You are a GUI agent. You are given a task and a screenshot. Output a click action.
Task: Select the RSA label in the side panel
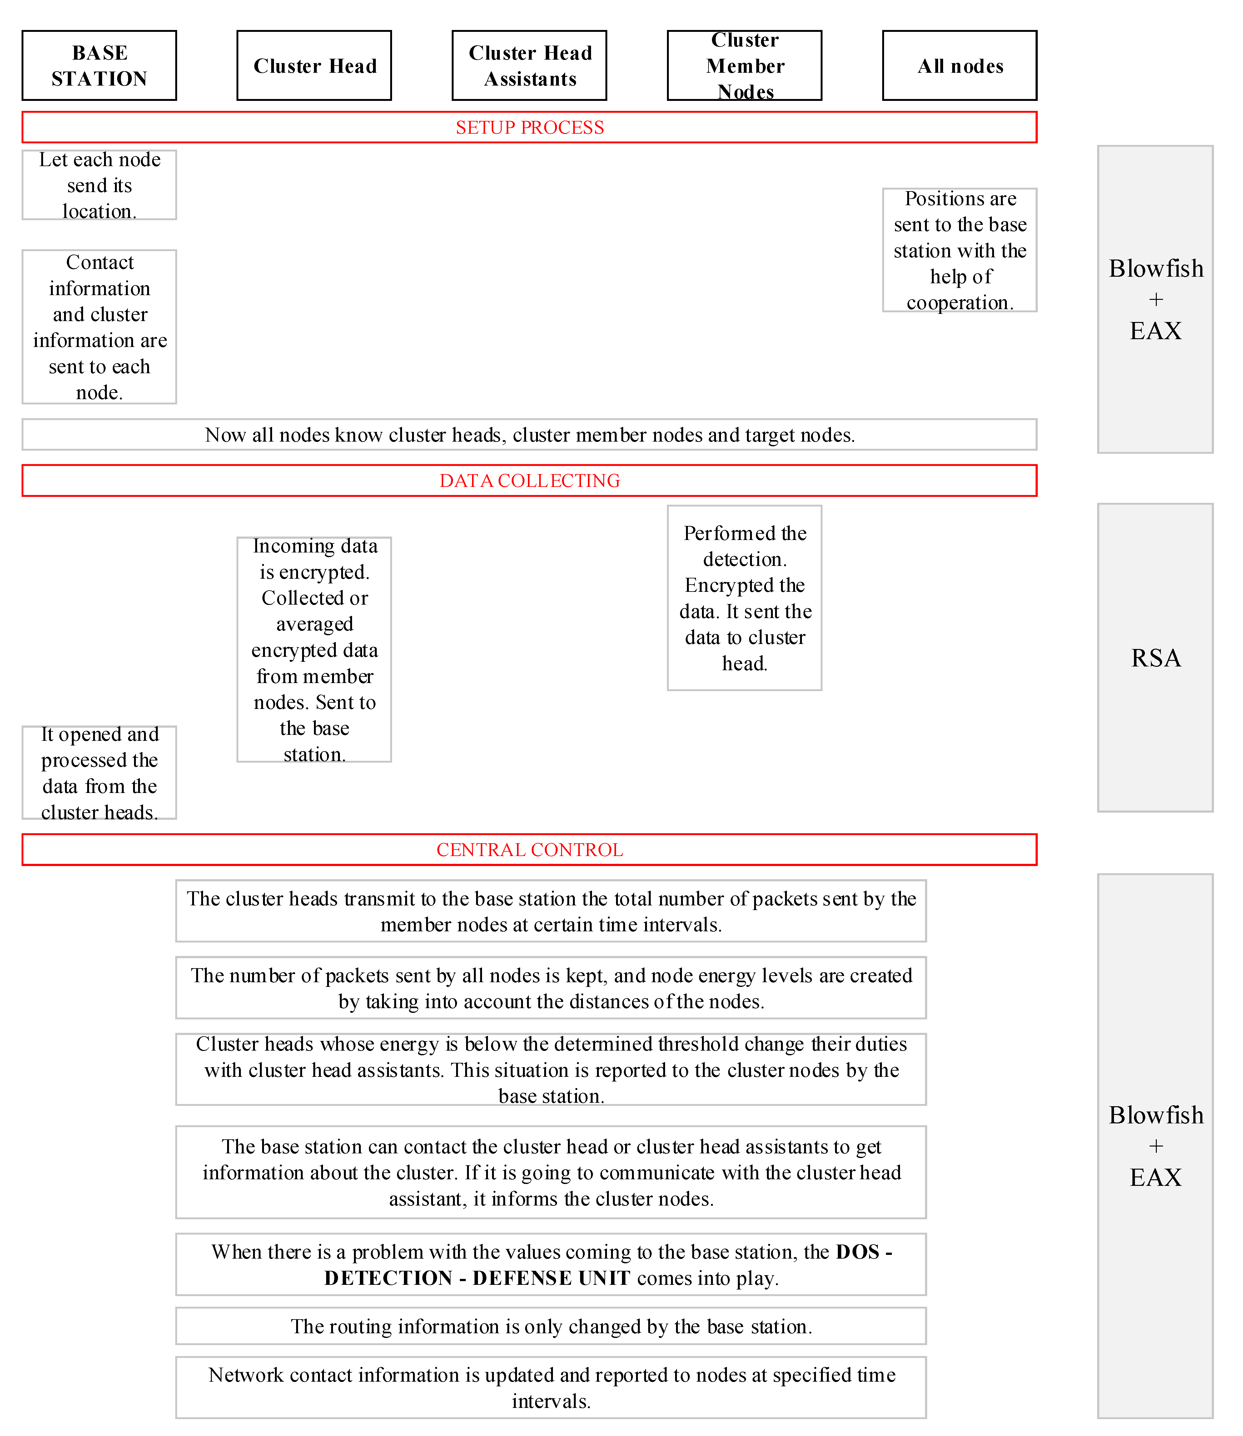point(1156,658)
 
